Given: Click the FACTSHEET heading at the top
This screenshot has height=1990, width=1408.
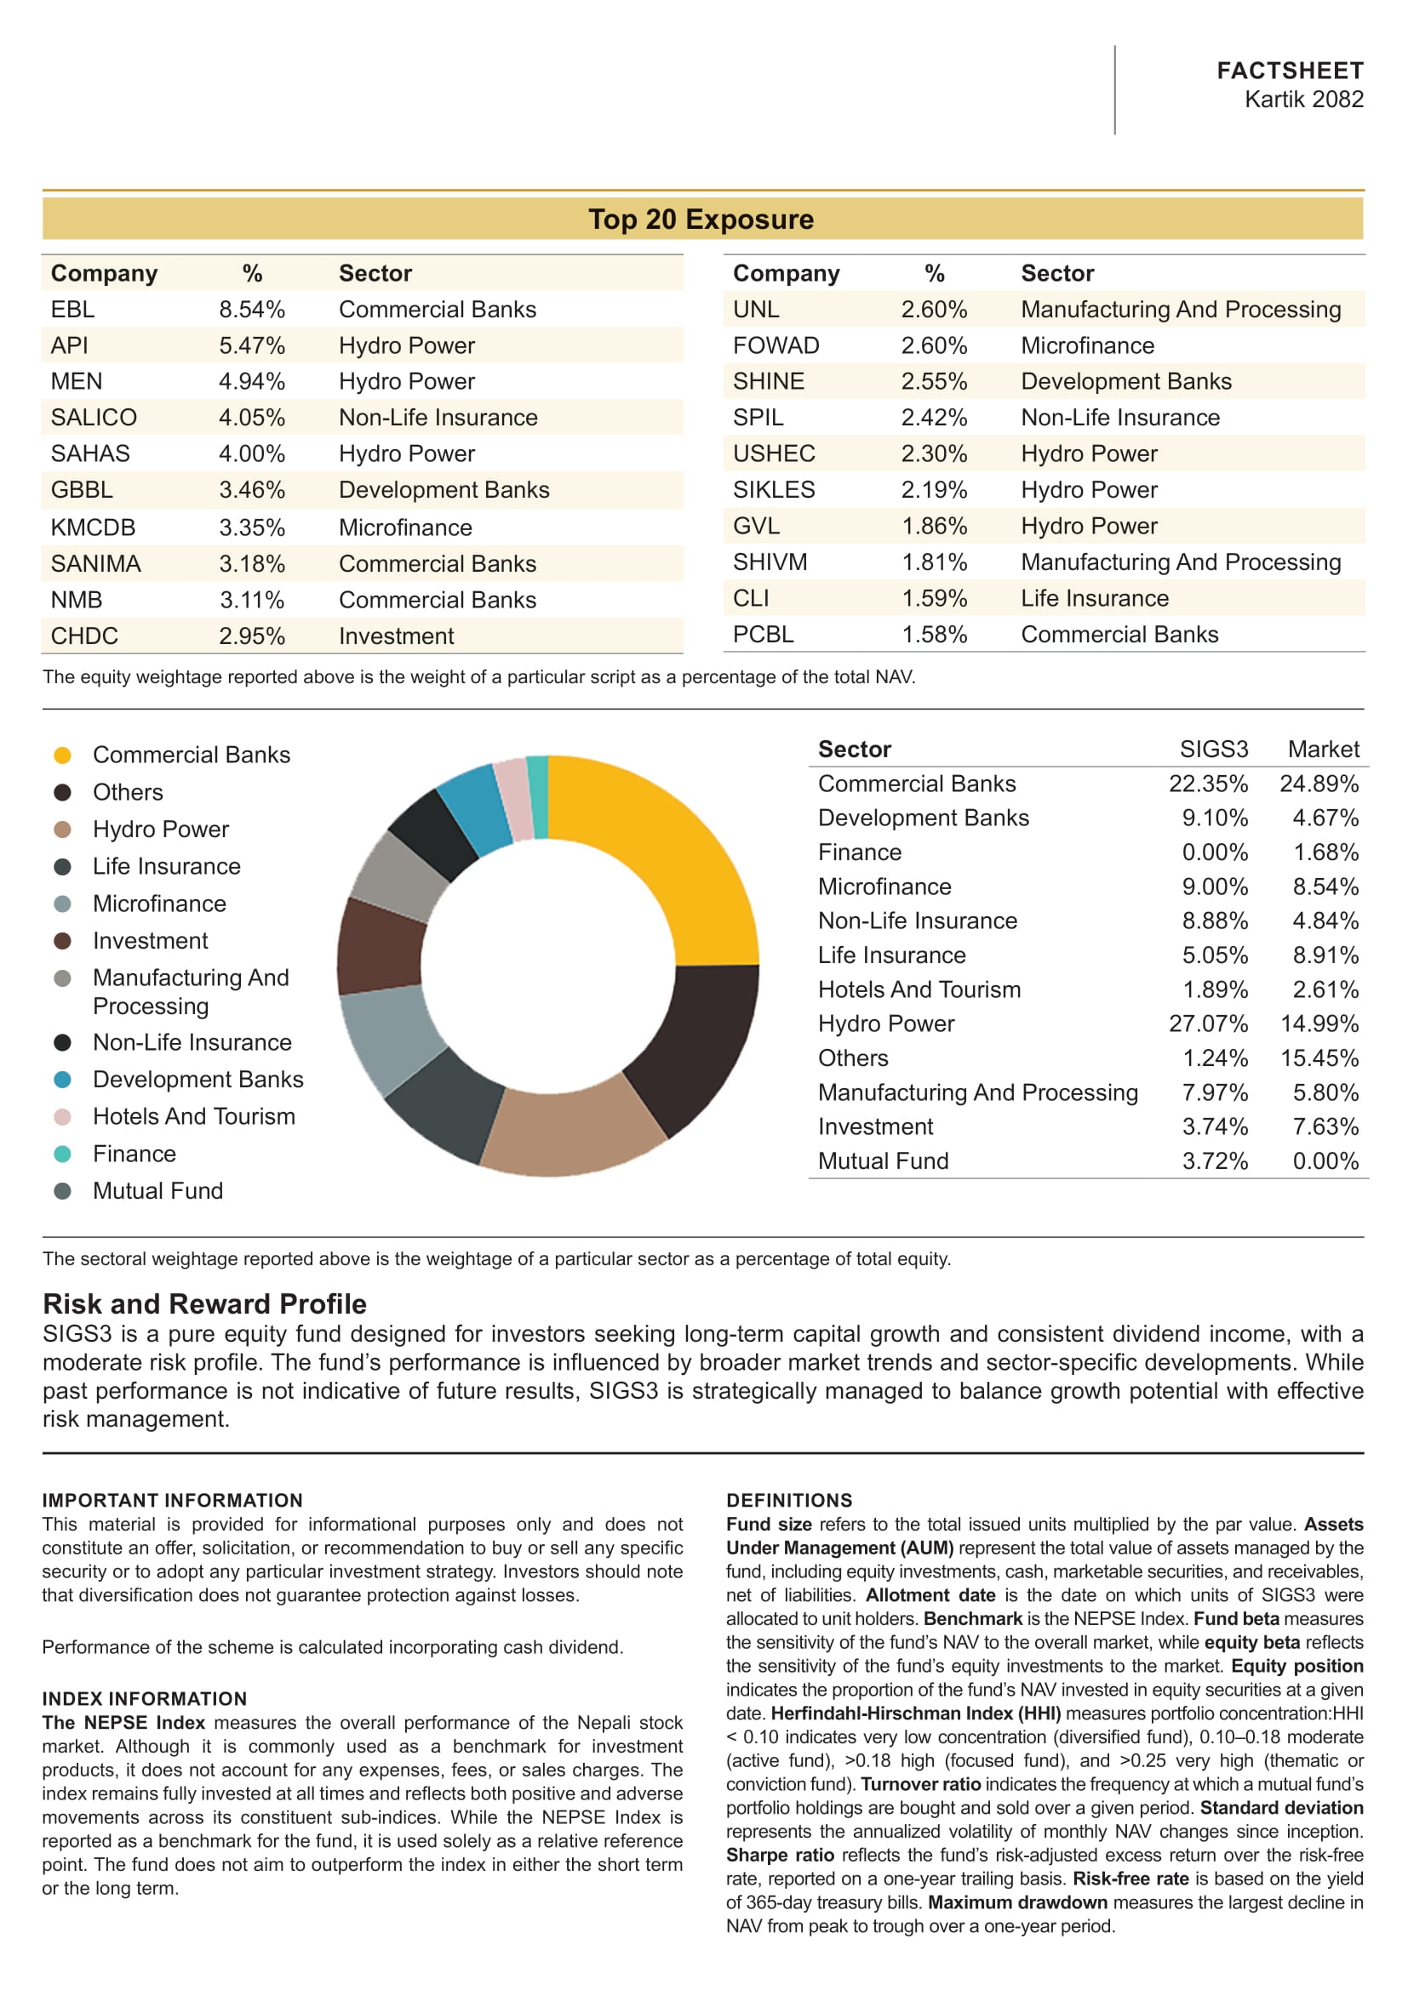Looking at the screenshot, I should (x=1289, y=71).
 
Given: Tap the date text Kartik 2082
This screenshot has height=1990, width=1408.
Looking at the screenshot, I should (x=1303, y=100).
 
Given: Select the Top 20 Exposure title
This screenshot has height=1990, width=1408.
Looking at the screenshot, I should (x=701, y=220).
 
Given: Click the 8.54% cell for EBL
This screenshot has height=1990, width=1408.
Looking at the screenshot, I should (x=251, y=310).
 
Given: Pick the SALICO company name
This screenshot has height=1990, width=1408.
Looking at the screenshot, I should (x=94, y=418).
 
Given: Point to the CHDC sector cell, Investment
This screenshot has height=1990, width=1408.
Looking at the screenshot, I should (x=396, y=636).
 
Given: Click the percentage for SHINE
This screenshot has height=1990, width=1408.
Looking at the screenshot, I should (x=934, y=381).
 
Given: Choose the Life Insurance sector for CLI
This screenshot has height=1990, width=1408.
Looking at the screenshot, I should (x=1094, y=598).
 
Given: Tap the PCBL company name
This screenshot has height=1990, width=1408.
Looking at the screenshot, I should (x=763, y=635).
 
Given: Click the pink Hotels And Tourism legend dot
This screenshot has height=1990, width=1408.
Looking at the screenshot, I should (x=62, y=1117).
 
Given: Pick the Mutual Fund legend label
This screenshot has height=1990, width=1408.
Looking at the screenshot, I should (x=157, y=1191).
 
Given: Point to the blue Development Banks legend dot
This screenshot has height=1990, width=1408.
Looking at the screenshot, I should (x=62, y=1080).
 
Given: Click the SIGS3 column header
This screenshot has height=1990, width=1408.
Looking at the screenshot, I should (x=1213, y=749).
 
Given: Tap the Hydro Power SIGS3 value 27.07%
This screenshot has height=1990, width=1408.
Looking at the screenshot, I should (x=1208, y=1024).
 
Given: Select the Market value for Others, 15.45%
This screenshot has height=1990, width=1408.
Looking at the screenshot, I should (x=1319, y=1058).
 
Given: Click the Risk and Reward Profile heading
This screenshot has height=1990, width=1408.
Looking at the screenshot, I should (x=204, y=1303).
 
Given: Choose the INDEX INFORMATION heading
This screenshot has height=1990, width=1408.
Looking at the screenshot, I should (x=145, y=1699).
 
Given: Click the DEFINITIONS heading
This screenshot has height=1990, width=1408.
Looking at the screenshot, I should (x=789, y=1500).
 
